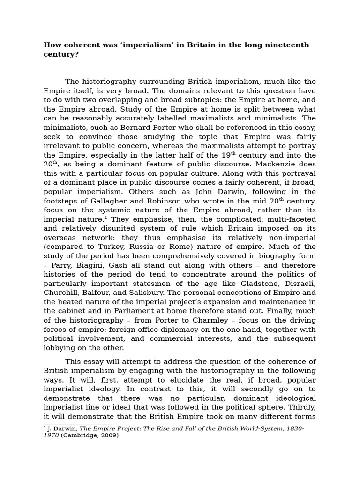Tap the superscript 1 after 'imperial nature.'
106,217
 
